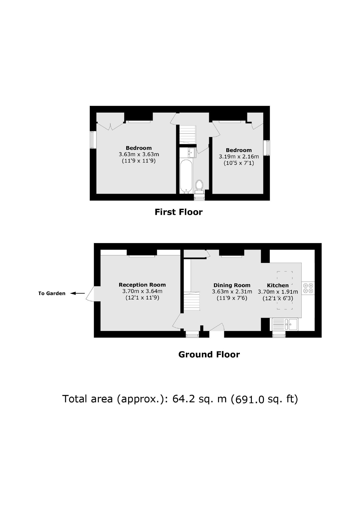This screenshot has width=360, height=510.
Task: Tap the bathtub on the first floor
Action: [x=186, y=177]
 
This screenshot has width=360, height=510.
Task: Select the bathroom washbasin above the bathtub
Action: [x=192, y=152]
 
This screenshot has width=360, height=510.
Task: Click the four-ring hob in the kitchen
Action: [x=308, y=288]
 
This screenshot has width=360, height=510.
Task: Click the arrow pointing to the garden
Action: [x=77, y=293]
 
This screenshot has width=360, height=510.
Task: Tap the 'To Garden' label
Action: [x=52, y=293]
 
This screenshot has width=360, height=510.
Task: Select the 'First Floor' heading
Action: [x=178, y=212]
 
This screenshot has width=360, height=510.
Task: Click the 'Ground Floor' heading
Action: [x=209, y=355]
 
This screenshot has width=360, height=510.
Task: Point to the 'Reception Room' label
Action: [x=142, y=285]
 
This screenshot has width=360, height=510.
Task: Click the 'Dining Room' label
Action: [x=232, y=285]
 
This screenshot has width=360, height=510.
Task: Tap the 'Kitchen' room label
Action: [x=278, y=286]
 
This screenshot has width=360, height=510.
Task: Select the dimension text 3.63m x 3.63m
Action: [x=139, y=154]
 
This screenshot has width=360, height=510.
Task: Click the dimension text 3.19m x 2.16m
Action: [x=239, y=157]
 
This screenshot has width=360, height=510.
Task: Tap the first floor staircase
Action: [x=188, y=135]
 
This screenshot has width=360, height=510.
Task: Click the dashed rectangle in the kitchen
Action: [x=285, y=290]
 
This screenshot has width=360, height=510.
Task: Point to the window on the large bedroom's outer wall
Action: [x=93, y=140]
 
